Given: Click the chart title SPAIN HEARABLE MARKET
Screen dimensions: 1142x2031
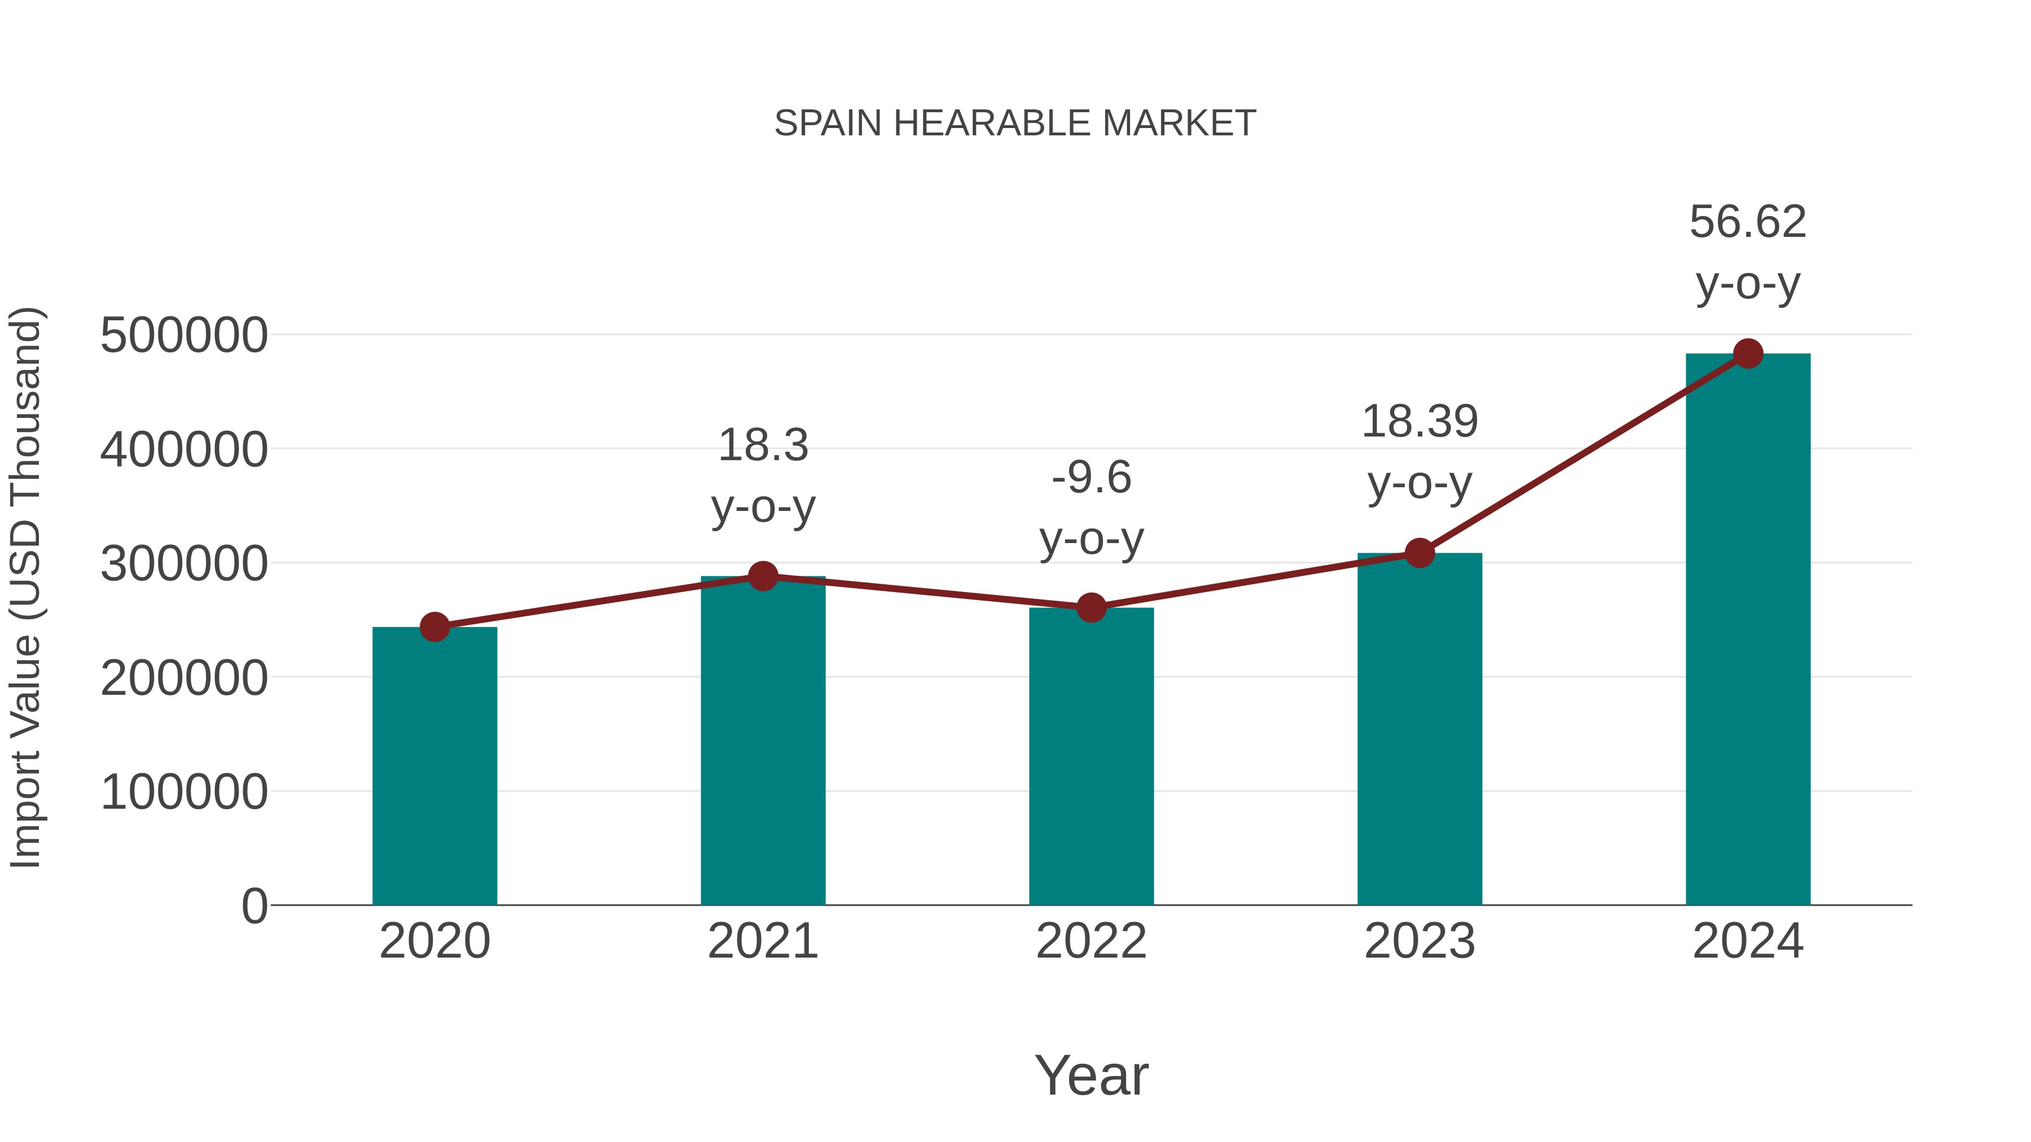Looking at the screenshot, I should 1015,124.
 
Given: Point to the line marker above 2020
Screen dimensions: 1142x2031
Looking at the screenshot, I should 434,627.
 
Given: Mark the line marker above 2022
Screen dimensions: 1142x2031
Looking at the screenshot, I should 1091,607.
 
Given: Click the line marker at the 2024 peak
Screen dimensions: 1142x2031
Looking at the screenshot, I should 1748,354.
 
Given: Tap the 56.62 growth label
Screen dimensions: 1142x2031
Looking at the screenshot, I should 1748,222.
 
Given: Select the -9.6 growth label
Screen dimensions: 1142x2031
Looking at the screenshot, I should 1091,478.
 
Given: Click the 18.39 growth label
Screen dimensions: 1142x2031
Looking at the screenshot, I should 1419,422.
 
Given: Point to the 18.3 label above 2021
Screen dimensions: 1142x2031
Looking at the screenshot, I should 762,446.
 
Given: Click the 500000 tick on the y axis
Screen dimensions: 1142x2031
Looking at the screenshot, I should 184,336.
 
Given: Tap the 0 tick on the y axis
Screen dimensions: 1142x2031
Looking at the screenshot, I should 254,906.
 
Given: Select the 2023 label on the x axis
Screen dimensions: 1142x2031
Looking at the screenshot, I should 1419,941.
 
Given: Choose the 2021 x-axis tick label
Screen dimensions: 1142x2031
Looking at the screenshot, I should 762,941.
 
